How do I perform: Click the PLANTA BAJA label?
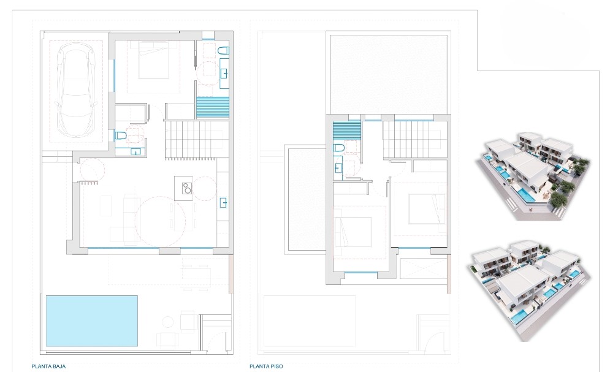click(x=48, y=366)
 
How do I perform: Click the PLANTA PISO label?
click(x=266, y=366)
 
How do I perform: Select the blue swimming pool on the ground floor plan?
click(x=92, y=321)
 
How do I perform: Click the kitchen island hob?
click(x=187, y=188)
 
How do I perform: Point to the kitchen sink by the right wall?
click(x=224, y=202)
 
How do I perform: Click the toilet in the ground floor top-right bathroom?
click(x=223, y=51)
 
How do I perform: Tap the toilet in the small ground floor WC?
click(x=121, y=135)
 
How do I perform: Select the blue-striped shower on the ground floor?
click(x=212, y=107)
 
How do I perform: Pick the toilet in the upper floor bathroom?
click(x=339, y=148)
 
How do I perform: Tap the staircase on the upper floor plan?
click(x=414, y=140)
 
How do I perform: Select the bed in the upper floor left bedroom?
click(x=353, y=231)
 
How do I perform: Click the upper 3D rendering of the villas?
click(x=533, y=175)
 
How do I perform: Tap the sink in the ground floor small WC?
click(x=135, y=151)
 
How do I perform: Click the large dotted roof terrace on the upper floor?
click(x=389, y=74)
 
